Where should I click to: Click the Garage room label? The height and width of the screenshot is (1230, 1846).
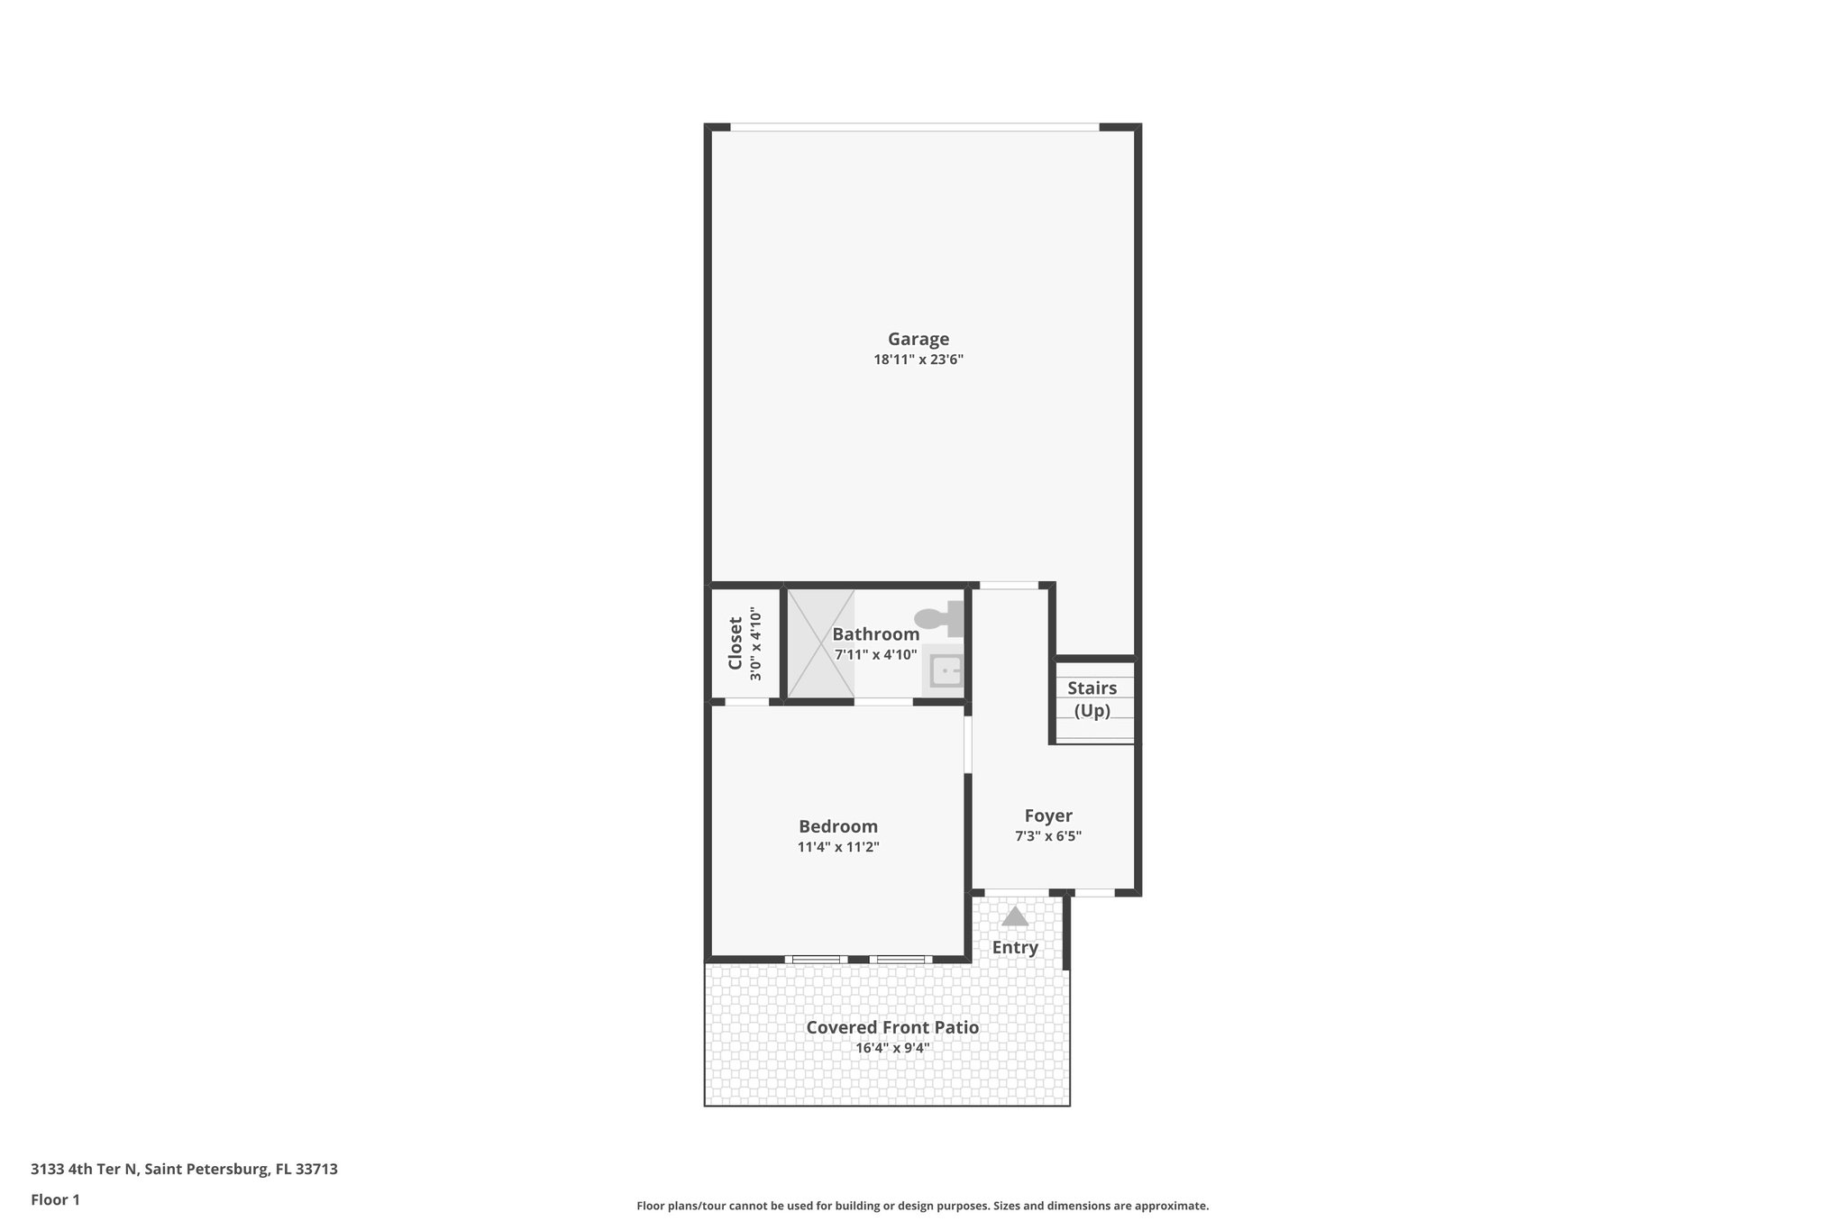click(918, 339)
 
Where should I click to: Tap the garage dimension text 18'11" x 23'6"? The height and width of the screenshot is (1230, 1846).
click(918, 360)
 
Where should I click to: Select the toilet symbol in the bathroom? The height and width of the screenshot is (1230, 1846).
click(939, 619)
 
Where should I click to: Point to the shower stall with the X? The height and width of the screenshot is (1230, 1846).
click(820, 642)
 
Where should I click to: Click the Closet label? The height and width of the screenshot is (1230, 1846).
click(736, 642)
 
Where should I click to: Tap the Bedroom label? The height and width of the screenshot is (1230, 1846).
click(837, 826)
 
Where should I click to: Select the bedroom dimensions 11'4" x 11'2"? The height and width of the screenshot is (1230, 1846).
click(837, 847)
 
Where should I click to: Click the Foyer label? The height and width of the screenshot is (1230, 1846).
click(1048, 815)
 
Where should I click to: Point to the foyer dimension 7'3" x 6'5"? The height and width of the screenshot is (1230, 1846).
click(1048, 836)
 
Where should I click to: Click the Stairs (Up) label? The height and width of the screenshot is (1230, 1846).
click(1092, 699)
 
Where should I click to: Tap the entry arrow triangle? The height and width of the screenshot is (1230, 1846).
click(1015, 916)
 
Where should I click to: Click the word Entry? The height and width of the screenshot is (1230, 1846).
click(1015, 948)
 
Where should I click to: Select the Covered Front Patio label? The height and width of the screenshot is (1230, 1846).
click(891, 1027)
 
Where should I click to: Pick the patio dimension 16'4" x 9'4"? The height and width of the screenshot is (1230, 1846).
click(891, 1048)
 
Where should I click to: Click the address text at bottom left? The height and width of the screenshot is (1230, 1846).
click(184, 1169)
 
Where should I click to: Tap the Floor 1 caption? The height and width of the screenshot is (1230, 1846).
click(55, 1199)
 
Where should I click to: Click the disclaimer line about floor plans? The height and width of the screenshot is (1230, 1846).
click(922, 1206)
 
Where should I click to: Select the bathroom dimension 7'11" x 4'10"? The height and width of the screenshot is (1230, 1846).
click(875, 655)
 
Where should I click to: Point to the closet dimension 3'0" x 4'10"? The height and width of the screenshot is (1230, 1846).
click(756, 645)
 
